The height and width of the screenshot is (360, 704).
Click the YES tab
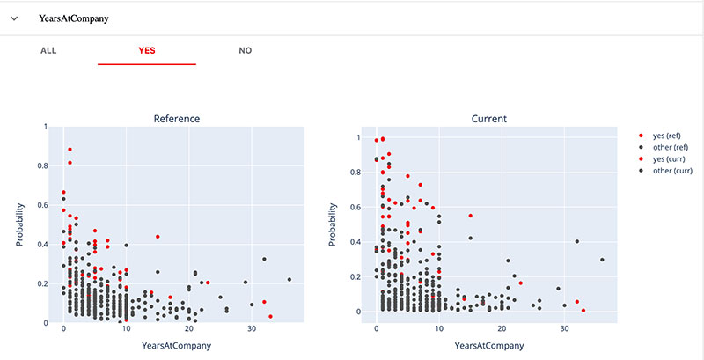point(147,50)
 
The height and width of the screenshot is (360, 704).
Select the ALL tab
point(48,50)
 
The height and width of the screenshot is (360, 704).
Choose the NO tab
point(246,50)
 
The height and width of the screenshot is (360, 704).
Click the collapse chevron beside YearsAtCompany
point(14,18)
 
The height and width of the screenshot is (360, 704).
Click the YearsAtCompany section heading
point(68,18)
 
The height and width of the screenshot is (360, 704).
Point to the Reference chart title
point(176,118)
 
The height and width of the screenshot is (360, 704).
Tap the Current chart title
point(489,118)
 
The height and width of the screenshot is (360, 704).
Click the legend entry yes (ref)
point(666,135)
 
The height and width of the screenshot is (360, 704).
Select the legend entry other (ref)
point(669,147)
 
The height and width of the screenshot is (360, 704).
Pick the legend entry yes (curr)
point(668,159)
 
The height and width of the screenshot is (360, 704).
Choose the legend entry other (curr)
point(671,172)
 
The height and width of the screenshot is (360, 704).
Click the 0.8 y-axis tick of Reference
point(42,165)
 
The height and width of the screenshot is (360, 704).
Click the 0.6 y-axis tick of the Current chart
point(356,207)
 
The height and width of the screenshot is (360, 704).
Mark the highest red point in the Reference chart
point(70,149)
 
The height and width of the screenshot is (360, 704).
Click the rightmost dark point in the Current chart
point(602,260)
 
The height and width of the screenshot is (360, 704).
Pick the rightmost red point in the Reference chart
point(270,316)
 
